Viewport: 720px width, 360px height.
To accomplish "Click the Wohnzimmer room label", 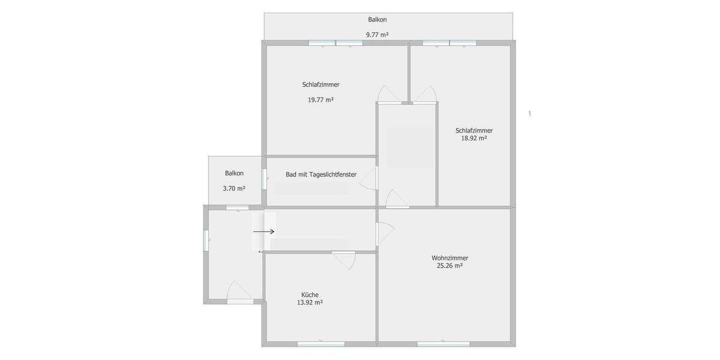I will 449,258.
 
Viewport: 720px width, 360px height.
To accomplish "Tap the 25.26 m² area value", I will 449,266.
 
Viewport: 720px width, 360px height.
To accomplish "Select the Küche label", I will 310,295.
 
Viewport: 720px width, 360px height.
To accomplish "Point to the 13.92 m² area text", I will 310,302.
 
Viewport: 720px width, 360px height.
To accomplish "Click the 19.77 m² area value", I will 320,100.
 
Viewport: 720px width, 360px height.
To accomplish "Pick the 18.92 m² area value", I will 473,138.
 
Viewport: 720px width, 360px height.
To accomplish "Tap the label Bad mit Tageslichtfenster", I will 321,175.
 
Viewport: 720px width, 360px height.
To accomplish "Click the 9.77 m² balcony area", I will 377,35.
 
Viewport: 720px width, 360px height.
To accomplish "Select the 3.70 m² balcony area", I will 234,188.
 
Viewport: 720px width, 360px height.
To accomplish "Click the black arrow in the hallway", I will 263,231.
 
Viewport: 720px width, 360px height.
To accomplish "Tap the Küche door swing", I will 345,259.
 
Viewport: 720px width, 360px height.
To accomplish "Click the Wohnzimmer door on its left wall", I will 384,233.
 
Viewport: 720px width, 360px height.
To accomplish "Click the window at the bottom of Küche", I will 321,344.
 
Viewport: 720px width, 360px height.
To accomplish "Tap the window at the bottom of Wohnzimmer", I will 443,344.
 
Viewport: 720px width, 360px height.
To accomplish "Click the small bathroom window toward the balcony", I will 264,179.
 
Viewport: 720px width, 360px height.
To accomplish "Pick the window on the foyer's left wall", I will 206,240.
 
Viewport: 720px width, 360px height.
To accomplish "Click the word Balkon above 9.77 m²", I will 377,20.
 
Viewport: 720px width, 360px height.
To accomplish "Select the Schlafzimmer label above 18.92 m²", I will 474,130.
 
